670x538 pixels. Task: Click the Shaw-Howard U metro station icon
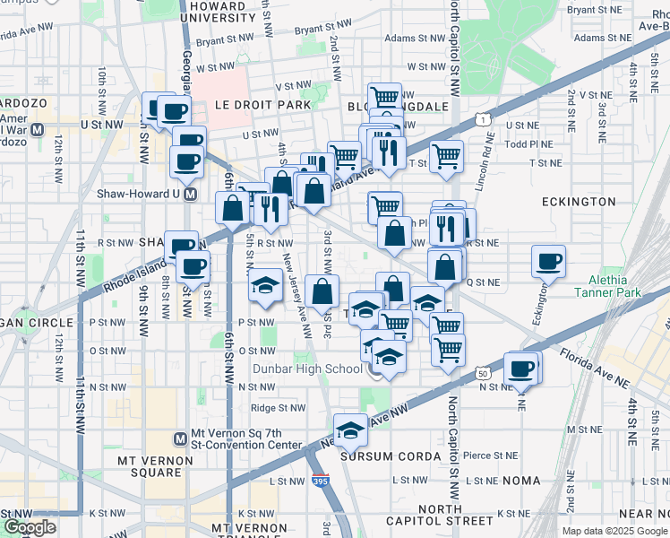190,194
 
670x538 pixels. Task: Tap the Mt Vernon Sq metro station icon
180,438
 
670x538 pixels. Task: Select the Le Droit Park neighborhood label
262,105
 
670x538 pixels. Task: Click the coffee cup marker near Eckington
548,261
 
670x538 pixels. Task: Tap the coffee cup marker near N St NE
520,368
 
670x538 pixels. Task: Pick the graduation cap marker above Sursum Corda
351,430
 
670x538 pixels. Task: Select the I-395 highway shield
321,482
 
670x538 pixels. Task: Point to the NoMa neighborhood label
522,481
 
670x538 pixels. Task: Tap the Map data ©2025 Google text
614,531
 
